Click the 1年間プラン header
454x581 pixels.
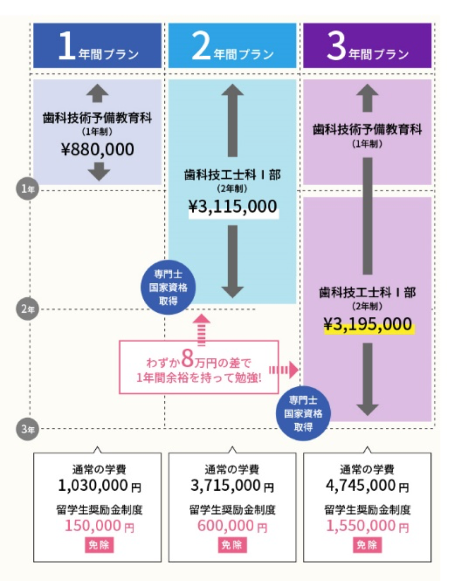98,45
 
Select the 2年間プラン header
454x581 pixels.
232,45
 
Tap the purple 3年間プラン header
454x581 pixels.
367,45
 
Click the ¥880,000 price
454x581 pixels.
98,149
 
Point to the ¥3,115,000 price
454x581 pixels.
233,207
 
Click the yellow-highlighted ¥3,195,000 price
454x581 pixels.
368,324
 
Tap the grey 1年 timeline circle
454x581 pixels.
27,189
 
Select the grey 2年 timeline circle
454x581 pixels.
27,309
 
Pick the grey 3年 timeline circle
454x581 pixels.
27,429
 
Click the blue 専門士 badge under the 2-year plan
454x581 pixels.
168,288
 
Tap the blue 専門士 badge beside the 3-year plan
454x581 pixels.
303,414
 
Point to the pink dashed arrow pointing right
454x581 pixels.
284,370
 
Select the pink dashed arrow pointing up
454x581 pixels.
201,331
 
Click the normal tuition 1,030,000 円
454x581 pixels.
99,485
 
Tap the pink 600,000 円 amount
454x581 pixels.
232,526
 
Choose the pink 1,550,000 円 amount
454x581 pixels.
367,526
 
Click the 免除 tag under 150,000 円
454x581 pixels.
99,545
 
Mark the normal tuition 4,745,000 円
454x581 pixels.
367,485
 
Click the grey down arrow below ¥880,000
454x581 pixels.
99,171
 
